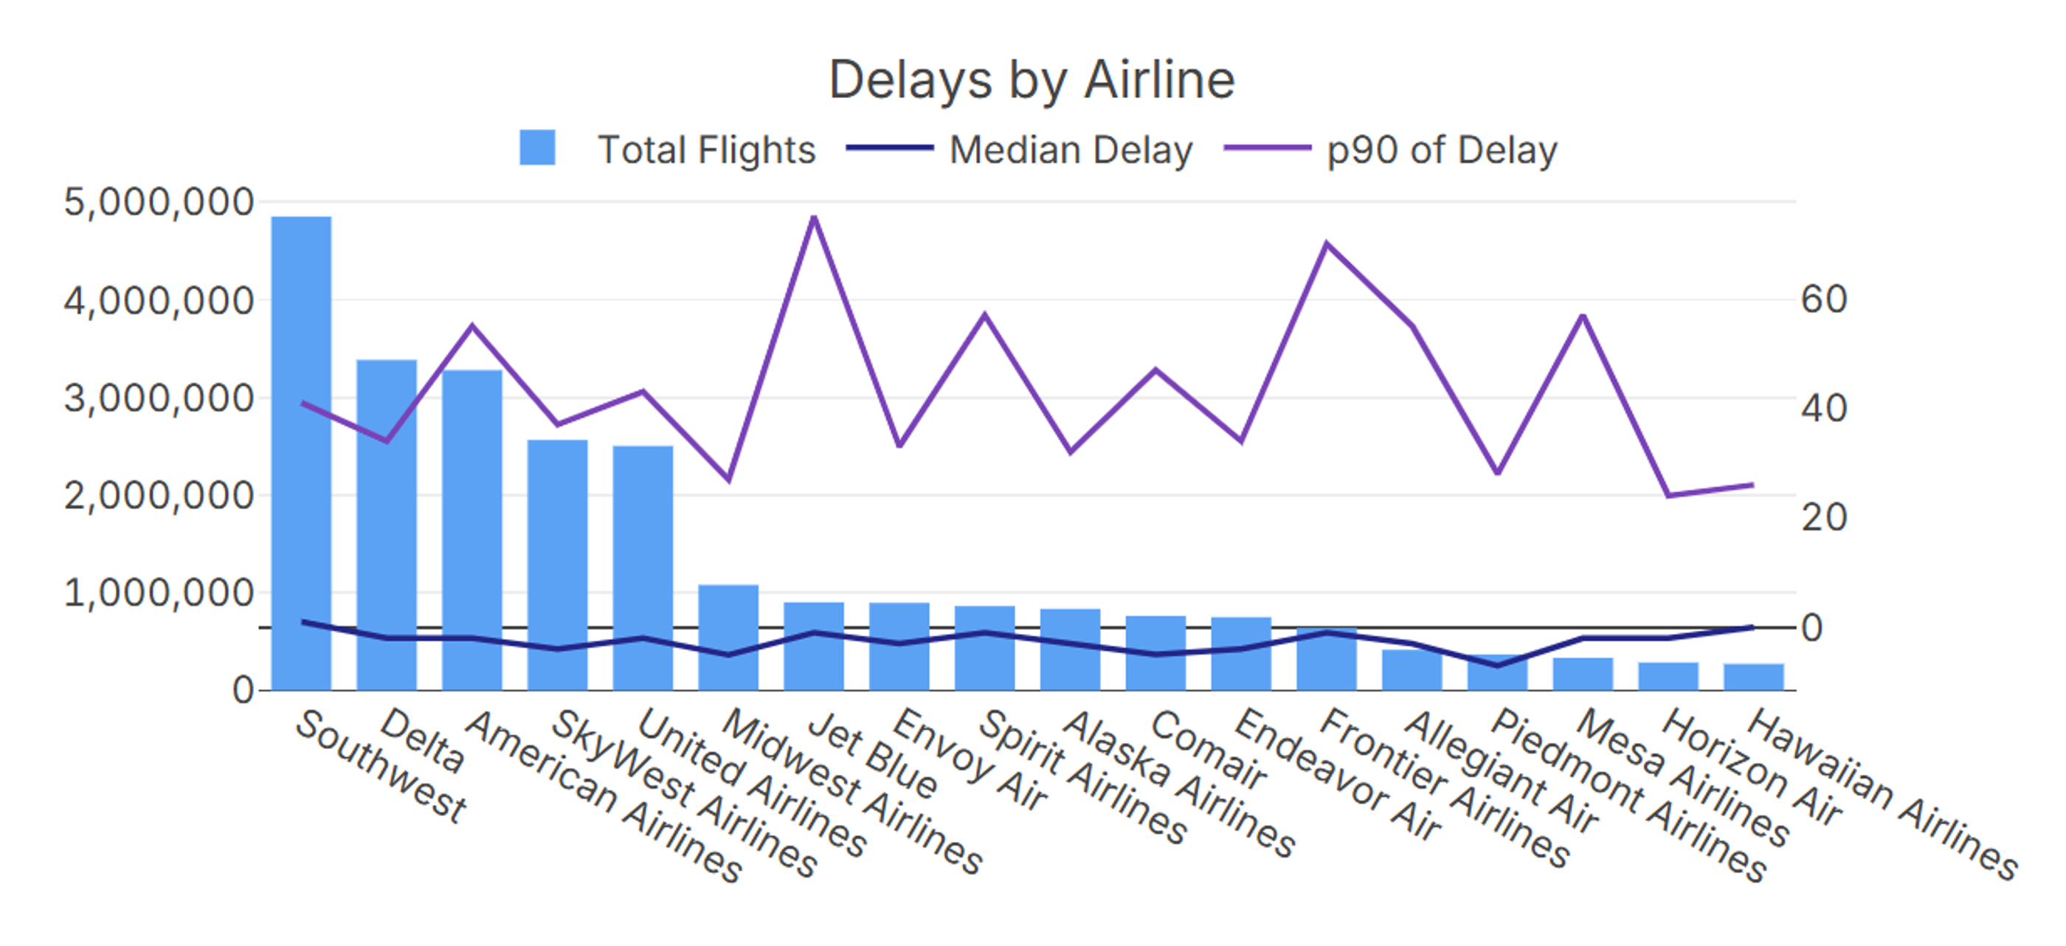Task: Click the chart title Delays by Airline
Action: click(x=1032, y=80)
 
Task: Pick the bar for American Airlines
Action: click(x=472, y=530)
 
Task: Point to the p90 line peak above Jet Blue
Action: click(x=814, y=218)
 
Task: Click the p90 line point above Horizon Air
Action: click(x=1669, y=495)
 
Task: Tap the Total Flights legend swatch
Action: click(x=537, y=148)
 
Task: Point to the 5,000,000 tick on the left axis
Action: click(x=159, y=202)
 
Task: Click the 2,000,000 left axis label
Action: click(x=159, y=496)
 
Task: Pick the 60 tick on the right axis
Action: click(x=1824, y=300)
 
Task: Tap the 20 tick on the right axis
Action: click(x=1824, y=517)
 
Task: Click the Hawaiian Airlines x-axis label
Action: click(x=1881, y=794)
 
